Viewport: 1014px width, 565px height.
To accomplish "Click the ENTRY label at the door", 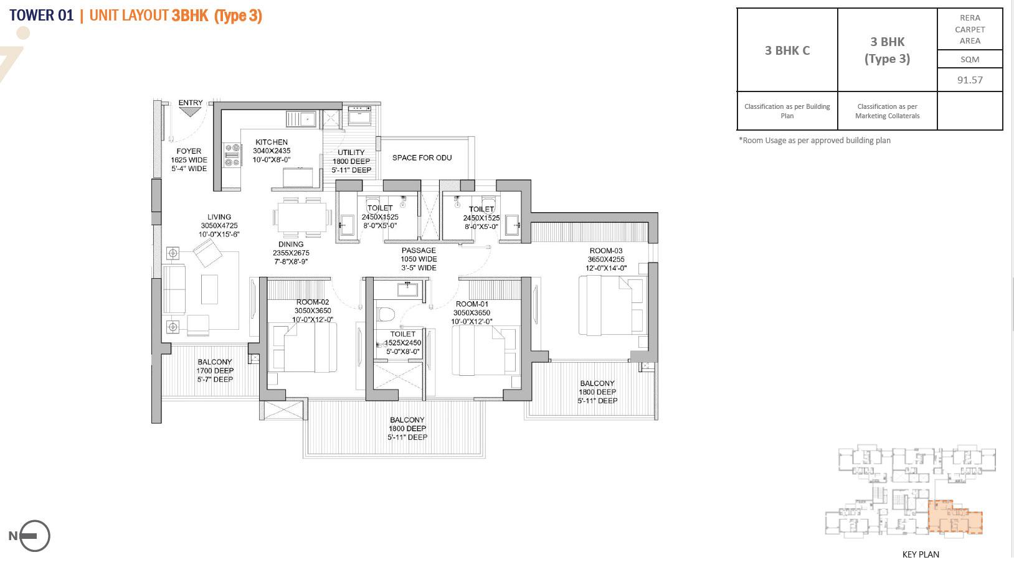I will click(190, 103).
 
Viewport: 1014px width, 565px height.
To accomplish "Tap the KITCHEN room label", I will click(272, 142).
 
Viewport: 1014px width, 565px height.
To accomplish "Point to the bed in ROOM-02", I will click(303, 348).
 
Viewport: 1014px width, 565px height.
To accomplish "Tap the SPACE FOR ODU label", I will click(422, 158).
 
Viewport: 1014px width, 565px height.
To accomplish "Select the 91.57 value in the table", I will click(970, 80).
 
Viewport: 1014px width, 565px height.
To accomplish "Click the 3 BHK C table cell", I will click(787, 51).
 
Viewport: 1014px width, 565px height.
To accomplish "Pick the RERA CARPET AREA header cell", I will click(970, 29).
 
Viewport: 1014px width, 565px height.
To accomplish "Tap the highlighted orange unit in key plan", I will click(954, 518).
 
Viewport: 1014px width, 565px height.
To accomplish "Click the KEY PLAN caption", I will click(921, 554).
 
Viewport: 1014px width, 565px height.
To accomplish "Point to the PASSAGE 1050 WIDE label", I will click(419, 259).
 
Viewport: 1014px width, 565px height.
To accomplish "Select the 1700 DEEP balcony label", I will click(215, 371).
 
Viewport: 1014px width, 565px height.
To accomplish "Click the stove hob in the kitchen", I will click(232, 155).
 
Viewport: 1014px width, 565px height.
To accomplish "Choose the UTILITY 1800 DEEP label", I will click(351, 161).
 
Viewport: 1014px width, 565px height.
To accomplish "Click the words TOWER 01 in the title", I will click(42, 16).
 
